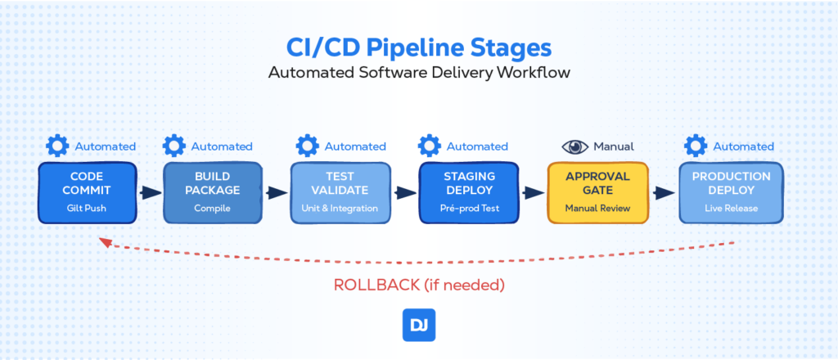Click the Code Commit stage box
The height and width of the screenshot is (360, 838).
[88, 193]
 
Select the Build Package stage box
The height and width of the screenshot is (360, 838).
[213, 193]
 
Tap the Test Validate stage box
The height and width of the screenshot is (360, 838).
[340, 193]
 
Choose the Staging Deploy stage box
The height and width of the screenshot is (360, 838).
[469, 193]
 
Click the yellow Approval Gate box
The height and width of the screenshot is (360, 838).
[597, 193]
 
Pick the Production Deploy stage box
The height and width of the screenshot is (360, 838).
[731, 193]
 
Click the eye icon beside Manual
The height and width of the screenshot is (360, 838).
[575, 146]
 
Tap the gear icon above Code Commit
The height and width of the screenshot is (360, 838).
[57, 146]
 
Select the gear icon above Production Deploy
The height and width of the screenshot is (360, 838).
[696, 146]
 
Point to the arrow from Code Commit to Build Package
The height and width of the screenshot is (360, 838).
[151, 193]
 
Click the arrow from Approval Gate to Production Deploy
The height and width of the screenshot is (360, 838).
[664, 193]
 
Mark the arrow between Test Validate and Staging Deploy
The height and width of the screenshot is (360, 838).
[405, 193]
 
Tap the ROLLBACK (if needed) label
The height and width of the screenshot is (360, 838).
[419, 285]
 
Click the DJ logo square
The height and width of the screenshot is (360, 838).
[419, 325]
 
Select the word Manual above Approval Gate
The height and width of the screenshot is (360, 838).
[614, 146]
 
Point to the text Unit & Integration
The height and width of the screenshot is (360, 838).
[340, 209]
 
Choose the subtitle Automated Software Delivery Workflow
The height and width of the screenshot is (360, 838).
[419, 72]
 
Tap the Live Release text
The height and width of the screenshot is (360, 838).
[731, 209]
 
